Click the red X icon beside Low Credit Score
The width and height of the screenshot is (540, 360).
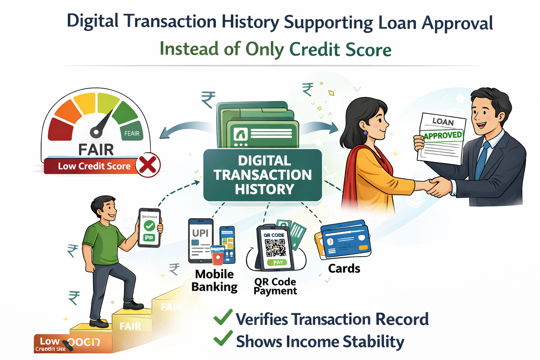[148, 165]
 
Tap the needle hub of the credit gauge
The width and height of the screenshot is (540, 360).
[96, 132]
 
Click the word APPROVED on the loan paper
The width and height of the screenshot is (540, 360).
[443, 135]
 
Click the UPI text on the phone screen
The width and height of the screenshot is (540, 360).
[200, 233]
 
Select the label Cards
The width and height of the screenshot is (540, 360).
[344, 269]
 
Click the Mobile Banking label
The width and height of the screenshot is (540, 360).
[214, 281]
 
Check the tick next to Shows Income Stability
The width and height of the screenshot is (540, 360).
[223, 339]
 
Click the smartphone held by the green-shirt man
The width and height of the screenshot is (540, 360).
[149, 228]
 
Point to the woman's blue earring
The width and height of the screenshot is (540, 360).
[365, 133]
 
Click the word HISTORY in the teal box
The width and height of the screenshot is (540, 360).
[264, 189]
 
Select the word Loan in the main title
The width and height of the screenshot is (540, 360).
[397, 22]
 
